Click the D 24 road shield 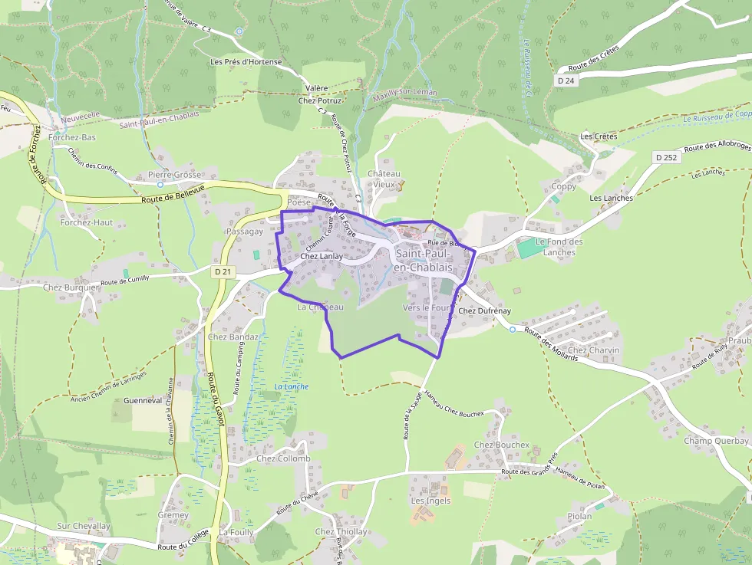(x=566, y=80)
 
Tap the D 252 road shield (x=667, y=156)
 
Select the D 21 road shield (x=223, y=271)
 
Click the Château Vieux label (x=384, y=179)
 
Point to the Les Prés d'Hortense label (x=246, y=62)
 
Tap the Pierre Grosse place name (x=174, y=175)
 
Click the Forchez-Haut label (x=87, y=222)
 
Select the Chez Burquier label (x=71, y=287)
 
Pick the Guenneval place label (x=143, y=400)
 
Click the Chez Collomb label (x=283, y=459)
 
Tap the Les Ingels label (x=431, y=501)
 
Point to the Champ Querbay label (x=716, y=441)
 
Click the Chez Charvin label (x=594, y=350)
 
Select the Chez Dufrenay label (x=484, y=310)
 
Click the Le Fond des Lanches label (x=559, y=247)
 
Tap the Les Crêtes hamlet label (x=599, y=136)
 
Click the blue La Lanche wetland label (x=292, y=386)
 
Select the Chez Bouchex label (x=502, y=445)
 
